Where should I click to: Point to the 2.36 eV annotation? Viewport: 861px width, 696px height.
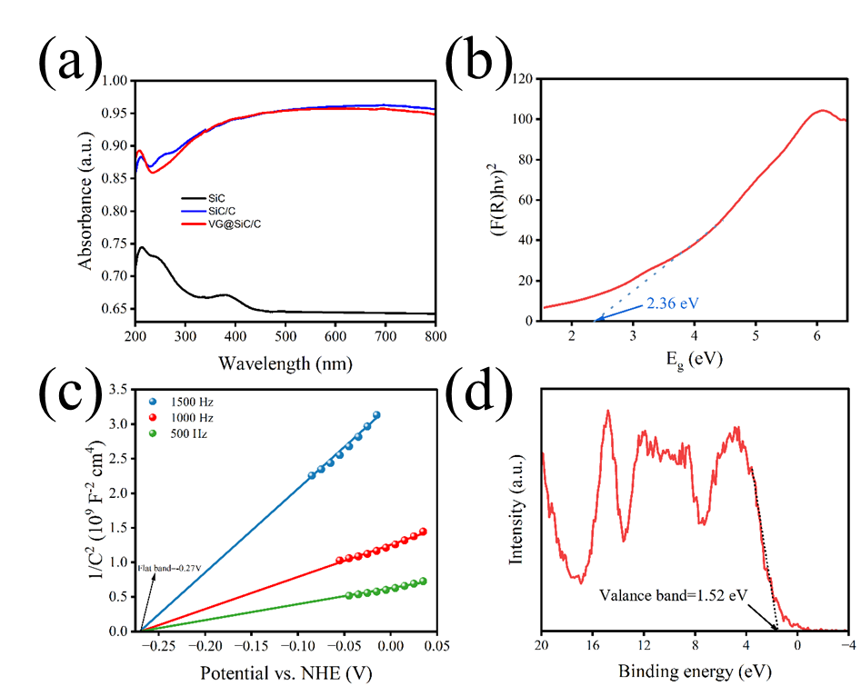point(674,303)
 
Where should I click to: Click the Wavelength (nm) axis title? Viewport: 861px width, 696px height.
point(285,363)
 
